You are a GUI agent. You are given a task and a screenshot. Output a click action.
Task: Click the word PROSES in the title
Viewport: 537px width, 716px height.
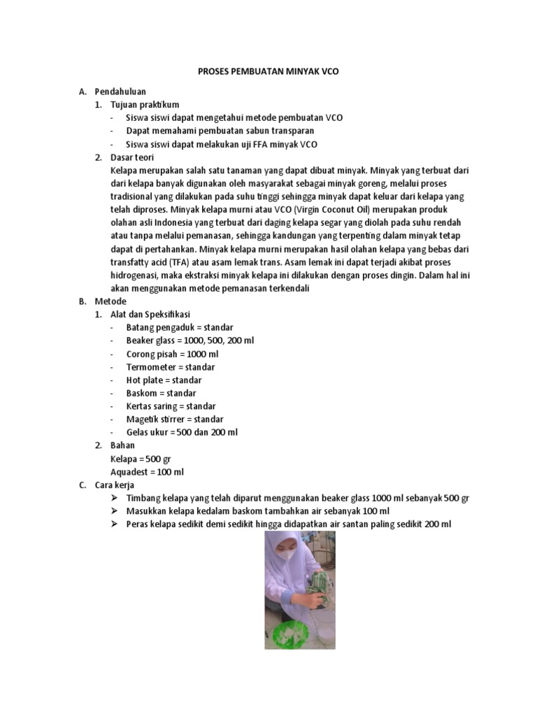point(209,72)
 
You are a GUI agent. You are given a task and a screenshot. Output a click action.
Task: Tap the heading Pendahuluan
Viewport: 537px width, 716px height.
point(120,91)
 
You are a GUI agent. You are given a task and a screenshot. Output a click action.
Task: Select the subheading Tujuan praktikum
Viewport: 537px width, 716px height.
point(145,104)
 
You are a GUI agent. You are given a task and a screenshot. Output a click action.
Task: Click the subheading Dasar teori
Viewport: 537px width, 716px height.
point(133,157)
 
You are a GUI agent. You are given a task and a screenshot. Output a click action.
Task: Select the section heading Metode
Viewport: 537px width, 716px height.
point(110,301)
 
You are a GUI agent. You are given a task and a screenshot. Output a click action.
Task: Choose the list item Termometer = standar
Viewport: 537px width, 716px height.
point(171,367)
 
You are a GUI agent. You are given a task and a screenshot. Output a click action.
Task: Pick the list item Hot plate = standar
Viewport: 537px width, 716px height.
point(164,380)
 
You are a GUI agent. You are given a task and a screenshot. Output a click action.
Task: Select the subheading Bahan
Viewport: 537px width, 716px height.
point(123,445)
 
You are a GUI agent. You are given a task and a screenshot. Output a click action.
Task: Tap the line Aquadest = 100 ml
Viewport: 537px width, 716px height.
point(147,472)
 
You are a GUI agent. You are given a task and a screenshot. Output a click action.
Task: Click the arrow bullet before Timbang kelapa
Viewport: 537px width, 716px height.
point(115,498)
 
